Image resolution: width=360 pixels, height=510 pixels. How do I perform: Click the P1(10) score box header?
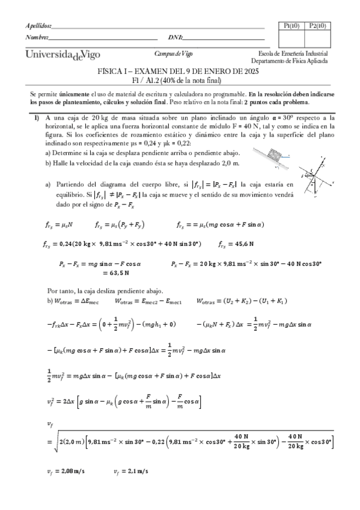tap(291, 25)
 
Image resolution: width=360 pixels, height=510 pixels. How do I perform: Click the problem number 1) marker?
tap(37, 117)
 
